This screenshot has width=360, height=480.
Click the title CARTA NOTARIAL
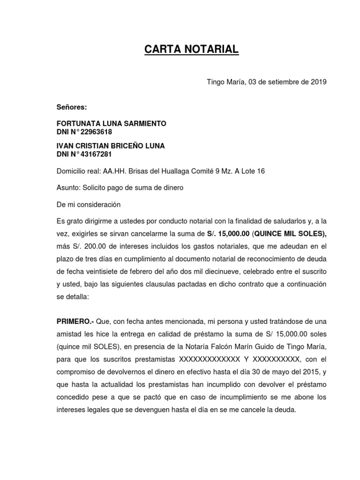pyautogui.click(x=191, y=49)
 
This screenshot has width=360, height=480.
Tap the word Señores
pyautogui.click(x=72, y=107)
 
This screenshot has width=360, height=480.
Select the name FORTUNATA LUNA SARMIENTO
pyautogui.click(x=111, y=124)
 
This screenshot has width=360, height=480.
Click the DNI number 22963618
pyautogui.click(x=97, y=132)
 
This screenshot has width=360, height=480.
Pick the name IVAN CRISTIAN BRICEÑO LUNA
pyautogui.click(x=110, y=146)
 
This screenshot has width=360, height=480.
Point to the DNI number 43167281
pyautogui.click(x=97, y=154)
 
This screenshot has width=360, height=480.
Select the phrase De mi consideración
pyautogui.click(x=89, y=205)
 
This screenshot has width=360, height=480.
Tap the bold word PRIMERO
pyautogui.click(x=75, y=322)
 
